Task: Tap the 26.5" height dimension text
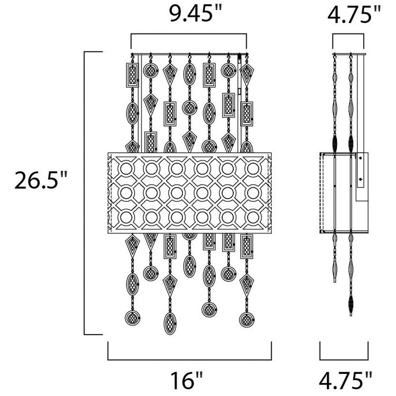(x=41, y=180)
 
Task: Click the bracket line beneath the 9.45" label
(x=188, y=34)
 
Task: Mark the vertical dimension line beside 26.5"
(x=85, y=193)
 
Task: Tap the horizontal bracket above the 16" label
(x=190, y=360)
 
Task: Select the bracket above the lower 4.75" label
(x=344, y=360)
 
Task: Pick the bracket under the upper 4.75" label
(x=348, y=34)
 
